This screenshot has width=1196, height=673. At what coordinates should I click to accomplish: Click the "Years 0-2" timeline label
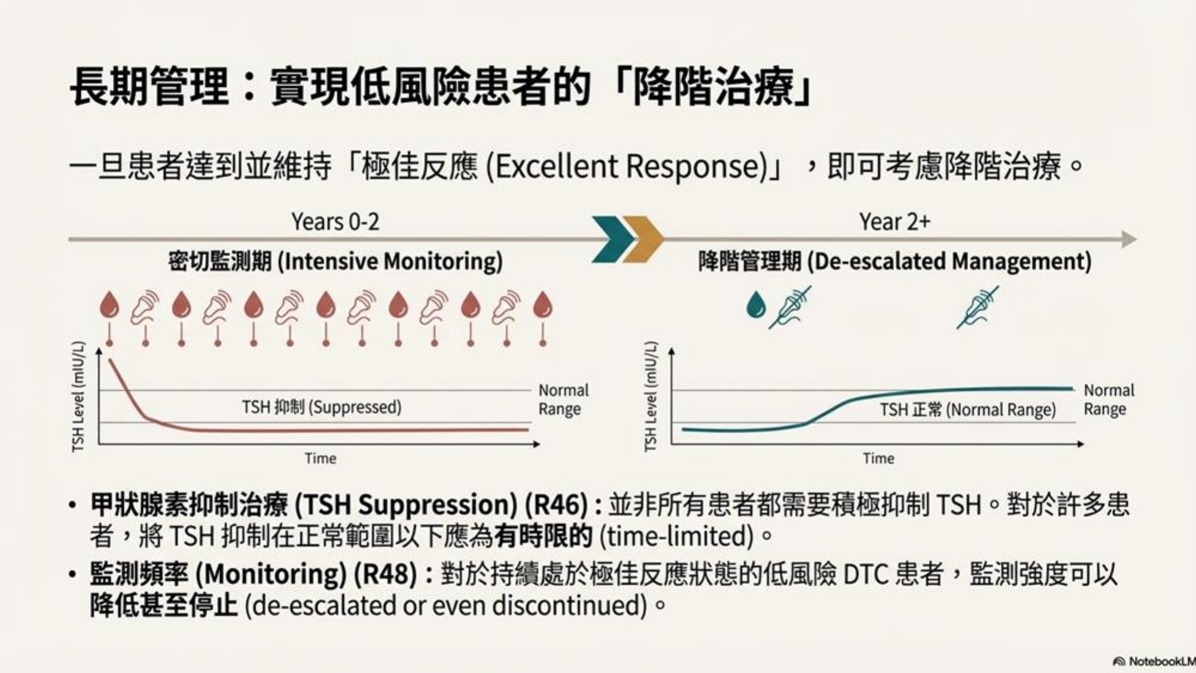[335, 222]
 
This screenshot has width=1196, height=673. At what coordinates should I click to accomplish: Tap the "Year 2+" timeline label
[895, 222]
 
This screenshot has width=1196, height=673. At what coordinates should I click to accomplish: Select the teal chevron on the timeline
[612, 239]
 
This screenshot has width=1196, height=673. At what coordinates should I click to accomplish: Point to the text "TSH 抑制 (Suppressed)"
[322, 407]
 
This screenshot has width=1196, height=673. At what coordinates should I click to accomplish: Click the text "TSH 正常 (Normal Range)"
[968, 410]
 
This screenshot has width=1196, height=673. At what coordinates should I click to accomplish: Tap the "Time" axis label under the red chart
[321, 458]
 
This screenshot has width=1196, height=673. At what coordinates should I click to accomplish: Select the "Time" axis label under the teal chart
[878, 458]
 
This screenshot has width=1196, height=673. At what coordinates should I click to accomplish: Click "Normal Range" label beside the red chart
[563, 399]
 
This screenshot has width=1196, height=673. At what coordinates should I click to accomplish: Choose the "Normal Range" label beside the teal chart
[1109, 399]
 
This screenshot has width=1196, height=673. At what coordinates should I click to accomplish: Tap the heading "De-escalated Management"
[950, 262]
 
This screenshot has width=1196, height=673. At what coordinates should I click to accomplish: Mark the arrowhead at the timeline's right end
[1129, 239]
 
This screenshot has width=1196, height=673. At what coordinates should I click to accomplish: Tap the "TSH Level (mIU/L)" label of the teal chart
[651, 396]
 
